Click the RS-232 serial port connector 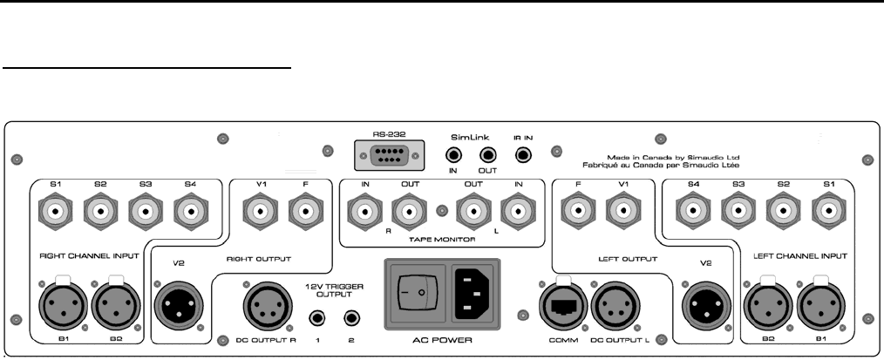tap(385, 158)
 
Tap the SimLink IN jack tap(454, 155)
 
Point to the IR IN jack tap(523, 155)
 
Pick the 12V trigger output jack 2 tap(353, 318)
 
